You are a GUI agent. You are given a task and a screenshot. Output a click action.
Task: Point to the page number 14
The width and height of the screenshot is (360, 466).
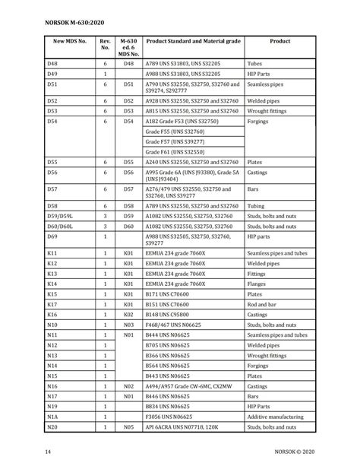tap(48, 453)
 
